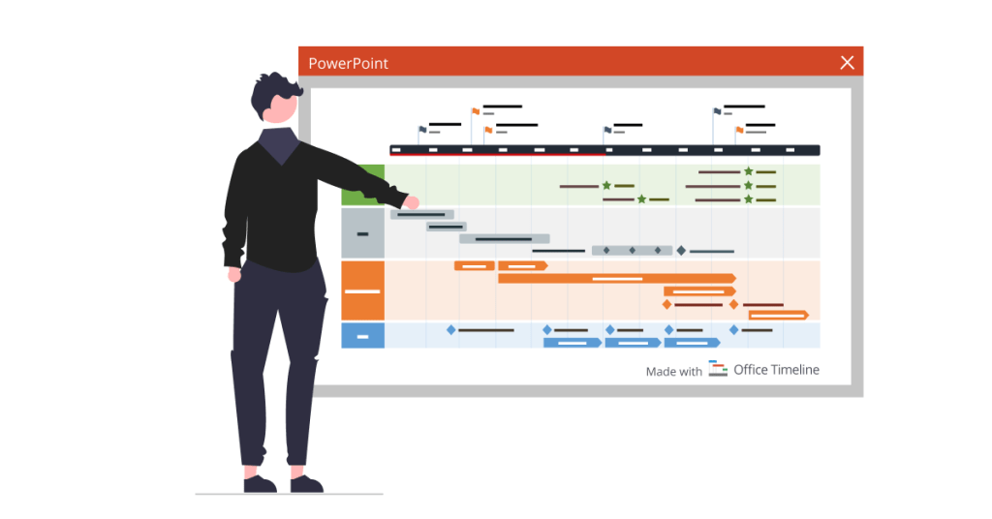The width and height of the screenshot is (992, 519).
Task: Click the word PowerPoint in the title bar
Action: pos(348,64)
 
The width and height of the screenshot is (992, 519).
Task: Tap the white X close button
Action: pos(847,63)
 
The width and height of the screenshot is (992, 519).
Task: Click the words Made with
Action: pos(673,372)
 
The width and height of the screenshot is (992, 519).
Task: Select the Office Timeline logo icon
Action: pos(718,369)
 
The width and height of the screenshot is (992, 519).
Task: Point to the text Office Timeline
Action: pos(776,370)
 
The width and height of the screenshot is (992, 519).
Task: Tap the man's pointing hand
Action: pos(411,201)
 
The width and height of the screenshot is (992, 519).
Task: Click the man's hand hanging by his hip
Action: pos(234,275)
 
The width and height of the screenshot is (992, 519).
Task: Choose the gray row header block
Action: pos(362,233)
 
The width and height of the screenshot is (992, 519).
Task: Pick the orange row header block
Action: pos(362,290)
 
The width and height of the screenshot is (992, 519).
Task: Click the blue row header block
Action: pos(362,336)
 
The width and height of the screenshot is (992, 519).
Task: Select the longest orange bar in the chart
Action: pos(616,278)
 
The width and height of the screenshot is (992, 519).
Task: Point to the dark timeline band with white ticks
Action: pos(604,150)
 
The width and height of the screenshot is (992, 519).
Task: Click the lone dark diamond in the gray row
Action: pos(681,251)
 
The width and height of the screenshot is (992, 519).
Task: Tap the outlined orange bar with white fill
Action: pos(778,315)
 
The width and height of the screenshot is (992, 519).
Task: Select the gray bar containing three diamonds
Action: pos(632,251)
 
